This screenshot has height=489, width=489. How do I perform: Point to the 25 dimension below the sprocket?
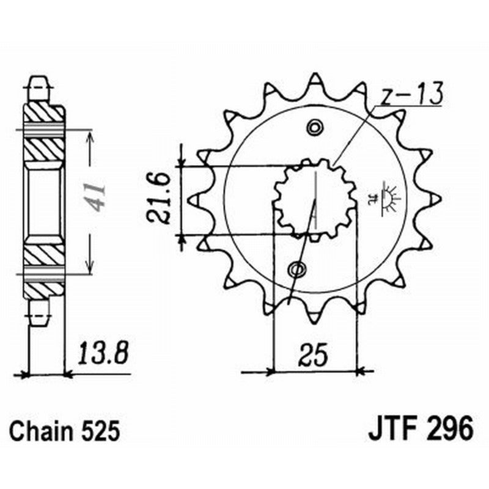pyautogui.click(x=314, y=355)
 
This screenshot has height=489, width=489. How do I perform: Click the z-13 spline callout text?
pyautogui.click(x=411, y=96)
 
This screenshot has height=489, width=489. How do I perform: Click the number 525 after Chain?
pyautogui.click(x=97, y=432)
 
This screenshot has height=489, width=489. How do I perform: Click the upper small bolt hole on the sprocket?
pyautogui.click(x=315, y=128)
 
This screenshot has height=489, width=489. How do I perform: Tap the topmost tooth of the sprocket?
pyautogui.click(x=315, y=79)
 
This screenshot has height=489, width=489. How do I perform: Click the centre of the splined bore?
pyautogui.click(x=315, y=199)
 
